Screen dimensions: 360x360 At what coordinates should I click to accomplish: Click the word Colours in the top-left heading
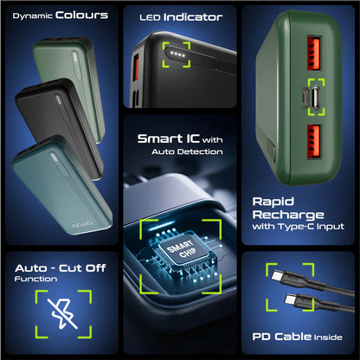[x=81, y=15]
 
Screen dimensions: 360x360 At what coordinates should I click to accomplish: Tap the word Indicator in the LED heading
[x=193, y=17]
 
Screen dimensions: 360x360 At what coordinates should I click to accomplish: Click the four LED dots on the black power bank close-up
[x=177, y=54]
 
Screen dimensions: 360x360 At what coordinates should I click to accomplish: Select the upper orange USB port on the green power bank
[x=314, y=54]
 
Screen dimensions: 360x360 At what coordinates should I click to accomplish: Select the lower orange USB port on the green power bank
[x=314, y=141]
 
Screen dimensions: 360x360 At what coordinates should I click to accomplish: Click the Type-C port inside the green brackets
[x=316, y=97]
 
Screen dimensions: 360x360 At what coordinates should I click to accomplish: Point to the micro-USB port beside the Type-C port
[x=305, y=97]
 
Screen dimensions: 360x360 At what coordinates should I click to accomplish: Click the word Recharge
[x=288, y=215]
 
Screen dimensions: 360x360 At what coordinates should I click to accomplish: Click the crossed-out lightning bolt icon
[x=63, y=314]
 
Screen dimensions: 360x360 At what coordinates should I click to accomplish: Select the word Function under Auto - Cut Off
[x=35, y=279]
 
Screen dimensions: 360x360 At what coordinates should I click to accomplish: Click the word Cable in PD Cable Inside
[x=292, y=337]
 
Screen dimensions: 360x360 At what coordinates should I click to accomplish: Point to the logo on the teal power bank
[x=82, y=224]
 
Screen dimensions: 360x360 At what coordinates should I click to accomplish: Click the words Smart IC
[x=169, y=138]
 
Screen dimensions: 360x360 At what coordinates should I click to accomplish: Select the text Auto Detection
[x=187, y=151]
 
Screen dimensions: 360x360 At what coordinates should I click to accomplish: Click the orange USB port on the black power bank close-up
[x=136, y=67]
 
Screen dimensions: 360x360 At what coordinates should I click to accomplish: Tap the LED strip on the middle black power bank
[x=59, y=100]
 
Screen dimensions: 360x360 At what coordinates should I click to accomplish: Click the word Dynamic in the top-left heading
[x=32, y=16]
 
